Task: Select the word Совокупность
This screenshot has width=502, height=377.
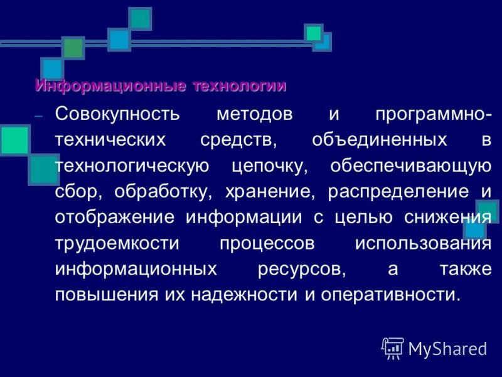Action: (117, 115)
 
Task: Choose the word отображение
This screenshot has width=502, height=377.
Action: (116, 217)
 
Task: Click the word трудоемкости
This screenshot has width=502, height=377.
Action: (117, 243)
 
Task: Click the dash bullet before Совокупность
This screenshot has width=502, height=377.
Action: (39, 117)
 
